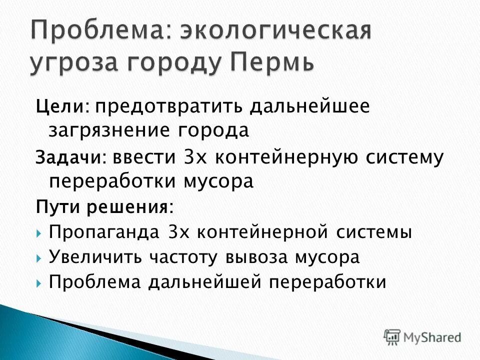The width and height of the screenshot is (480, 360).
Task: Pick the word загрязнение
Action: [108, 130]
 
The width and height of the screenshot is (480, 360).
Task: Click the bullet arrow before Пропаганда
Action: [39, 233]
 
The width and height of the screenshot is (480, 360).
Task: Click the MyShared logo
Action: [422, 336]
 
